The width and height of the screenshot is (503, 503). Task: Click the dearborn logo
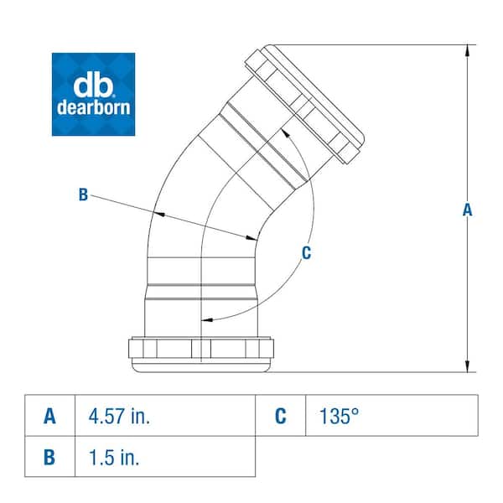93,95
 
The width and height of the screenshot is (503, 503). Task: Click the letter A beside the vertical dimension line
468,210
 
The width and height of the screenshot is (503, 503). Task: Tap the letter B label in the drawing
83,194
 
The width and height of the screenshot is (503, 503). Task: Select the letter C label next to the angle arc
307,252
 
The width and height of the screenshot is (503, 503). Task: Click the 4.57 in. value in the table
119,416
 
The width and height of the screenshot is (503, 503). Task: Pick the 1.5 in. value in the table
114,457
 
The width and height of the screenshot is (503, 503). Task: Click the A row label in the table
50,416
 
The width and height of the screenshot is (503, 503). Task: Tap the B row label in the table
50,457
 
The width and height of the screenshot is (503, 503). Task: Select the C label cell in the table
280,416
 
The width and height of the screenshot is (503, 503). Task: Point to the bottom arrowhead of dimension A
465,366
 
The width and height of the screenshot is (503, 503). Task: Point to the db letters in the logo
93,84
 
